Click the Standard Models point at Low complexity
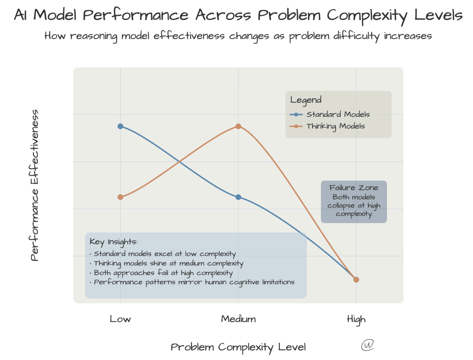[x=120, y=126]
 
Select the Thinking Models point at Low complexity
[x=120, y=197]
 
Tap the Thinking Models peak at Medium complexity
[x=238, y=126]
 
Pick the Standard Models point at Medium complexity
[x=238, y=197]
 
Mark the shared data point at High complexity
[x=356, y=279]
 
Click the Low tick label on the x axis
[x=120, y=319]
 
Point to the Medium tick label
[x=238, y=319]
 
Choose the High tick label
[x=356, y=320]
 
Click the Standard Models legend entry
[x=338, y=114]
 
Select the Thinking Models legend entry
[x=335, y=126]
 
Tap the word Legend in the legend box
[x=306, y=100]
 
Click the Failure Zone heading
[x=354, y=188]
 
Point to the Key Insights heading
[x=113, y=242]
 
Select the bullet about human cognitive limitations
[x=194, y=282]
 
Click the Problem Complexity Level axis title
[x=238, y=347]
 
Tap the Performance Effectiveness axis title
[x=34, y=185]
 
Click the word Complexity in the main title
[x=366, y=15]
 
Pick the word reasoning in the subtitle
[x=94, y=36]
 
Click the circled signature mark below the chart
[x=368, y=345]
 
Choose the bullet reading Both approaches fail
[x=163, y=273]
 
